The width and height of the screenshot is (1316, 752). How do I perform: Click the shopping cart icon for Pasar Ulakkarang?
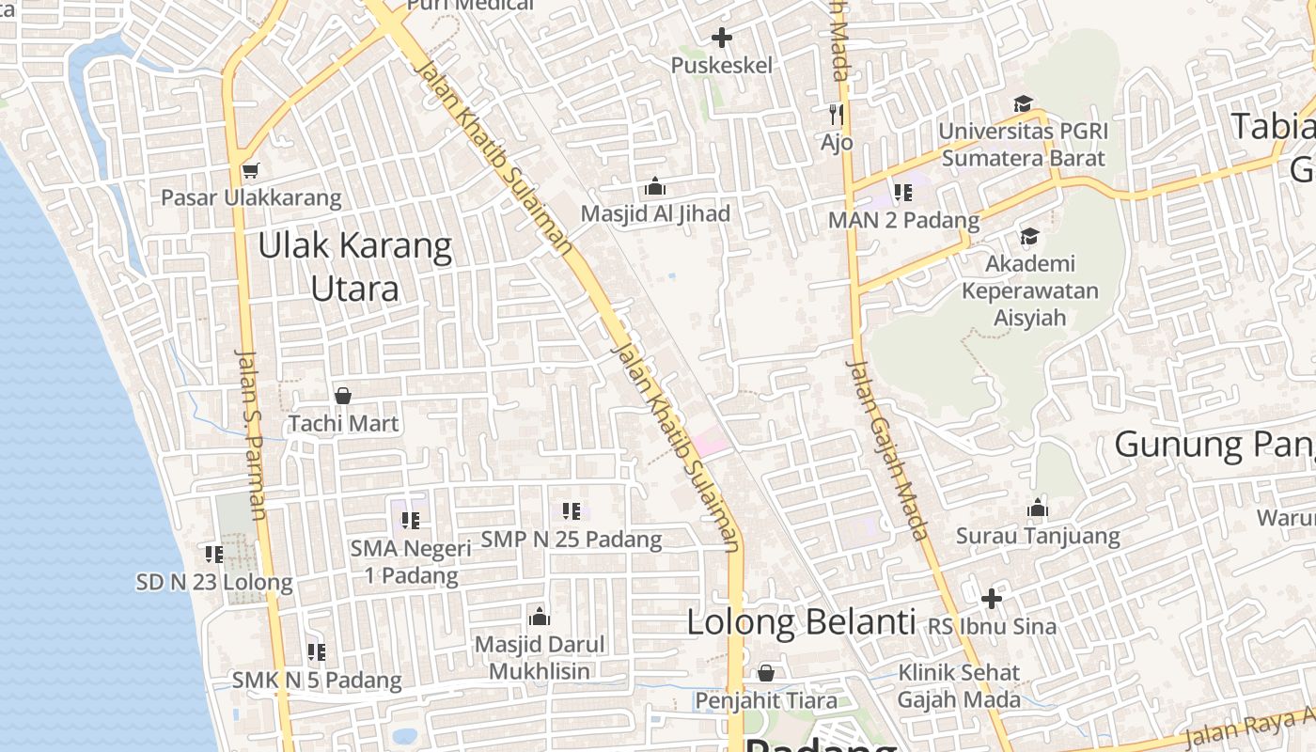(x=250, y=170)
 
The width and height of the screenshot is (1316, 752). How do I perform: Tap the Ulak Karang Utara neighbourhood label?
(x=355, y=267)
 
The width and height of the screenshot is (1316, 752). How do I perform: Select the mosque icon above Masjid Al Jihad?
(x=655, y=186)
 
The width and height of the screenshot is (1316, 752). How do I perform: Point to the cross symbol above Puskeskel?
(x=722, y=38)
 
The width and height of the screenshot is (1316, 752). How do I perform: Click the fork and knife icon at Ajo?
(x=836, y=115)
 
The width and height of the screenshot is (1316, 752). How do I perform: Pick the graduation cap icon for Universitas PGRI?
(x=1023, y=103)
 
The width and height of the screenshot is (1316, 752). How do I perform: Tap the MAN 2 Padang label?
(x=903, y=220)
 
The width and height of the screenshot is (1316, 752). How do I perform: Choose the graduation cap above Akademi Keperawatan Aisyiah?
(x=1030, y=236)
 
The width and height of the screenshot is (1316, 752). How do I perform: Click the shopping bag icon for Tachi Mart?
(x=343, y=396)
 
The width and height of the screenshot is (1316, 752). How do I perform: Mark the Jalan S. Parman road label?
(x=252, y=434)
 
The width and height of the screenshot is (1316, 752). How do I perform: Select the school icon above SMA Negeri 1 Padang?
(x=411, y=520)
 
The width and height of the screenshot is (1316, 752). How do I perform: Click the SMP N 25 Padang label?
(x=572, y=540)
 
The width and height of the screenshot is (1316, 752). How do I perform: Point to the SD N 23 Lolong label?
(x=214, y=583)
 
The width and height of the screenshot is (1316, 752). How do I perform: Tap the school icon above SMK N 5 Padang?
(x=317, y=651)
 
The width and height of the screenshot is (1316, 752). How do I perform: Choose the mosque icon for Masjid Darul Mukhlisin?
(x=540, y=617)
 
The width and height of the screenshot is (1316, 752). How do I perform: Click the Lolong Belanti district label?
(x=801, y=622)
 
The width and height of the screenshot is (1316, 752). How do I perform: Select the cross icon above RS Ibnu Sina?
(x=992, y=598)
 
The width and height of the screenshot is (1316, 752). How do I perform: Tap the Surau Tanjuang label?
(x=1038, y=537)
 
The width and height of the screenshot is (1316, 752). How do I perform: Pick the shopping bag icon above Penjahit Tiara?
(x=766, y=673)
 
